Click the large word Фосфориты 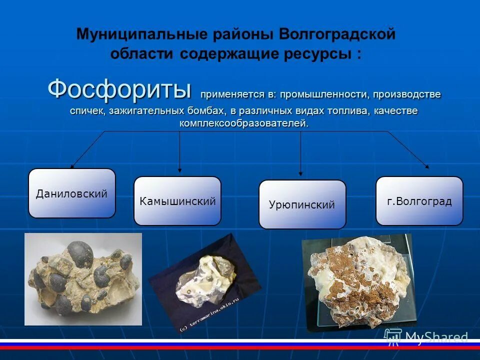click(119, 90)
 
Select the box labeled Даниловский click(71, 193)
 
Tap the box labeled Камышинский click(177, 201)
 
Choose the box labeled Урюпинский click(302, 204)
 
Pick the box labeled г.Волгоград click(419, 201)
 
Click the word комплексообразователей click(244, 123)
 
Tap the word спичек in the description click(85, 110)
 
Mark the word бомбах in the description click(198, 110)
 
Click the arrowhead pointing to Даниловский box click(72, 166)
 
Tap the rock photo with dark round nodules click(83, 279)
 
